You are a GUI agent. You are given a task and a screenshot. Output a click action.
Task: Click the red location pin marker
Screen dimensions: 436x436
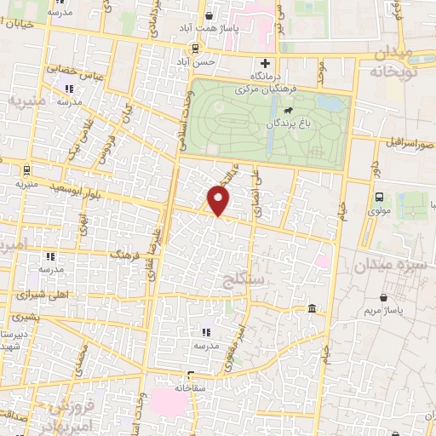[x=219, y=200]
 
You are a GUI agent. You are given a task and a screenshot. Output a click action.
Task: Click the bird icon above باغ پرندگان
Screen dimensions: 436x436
[x=290, y=112]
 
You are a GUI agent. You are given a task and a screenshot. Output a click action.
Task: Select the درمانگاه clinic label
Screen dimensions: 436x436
[x=265, y=77]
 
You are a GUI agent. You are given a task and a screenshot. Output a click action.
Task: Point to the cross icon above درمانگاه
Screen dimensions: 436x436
[x=265, y=63]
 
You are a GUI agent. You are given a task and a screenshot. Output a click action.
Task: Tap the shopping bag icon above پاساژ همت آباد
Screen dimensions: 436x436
[x=209, y=15]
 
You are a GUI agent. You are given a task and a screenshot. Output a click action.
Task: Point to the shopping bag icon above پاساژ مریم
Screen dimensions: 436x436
[x=386, y=298]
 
